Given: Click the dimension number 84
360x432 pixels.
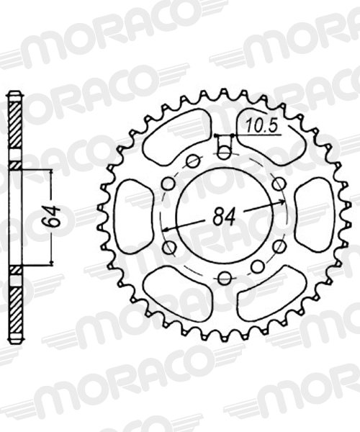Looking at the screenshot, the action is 225,216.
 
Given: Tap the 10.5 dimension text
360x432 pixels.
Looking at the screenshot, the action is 261,125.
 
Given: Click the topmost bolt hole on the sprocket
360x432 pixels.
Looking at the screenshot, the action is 224,153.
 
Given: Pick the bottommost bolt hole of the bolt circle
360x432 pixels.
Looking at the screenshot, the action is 225,278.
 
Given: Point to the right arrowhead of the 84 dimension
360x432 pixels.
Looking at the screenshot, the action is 282,202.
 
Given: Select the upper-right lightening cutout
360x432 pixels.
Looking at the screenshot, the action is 271,137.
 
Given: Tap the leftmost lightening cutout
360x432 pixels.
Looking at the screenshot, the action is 134,216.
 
